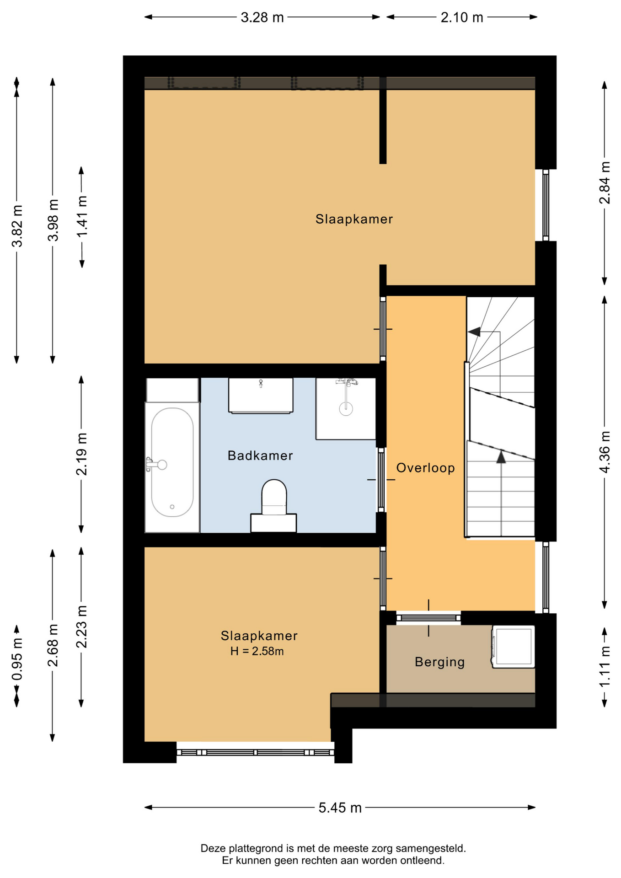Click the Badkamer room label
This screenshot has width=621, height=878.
click(260, 455)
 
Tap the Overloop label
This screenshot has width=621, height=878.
click(425, 468)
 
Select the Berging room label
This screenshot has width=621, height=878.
click(439, 662)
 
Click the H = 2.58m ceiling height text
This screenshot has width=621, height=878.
click(257, 651)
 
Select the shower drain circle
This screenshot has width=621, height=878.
click(346, 408)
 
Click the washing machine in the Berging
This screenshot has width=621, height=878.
click(513, 647)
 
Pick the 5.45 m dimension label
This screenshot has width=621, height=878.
click(340, 808)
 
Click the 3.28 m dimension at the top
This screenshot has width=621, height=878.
click(262, 17)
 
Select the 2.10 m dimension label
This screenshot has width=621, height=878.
click(462, 17)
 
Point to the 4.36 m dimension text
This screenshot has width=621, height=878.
click(605, 452)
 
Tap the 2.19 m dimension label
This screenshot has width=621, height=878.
click(82, 454)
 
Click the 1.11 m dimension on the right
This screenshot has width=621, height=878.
click(605, 667)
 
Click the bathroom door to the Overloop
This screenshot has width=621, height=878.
click(381, 480)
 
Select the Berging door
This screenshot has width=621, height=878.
click(428, 618)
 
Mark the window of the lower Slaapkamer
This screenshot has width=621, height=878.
click(256, 752)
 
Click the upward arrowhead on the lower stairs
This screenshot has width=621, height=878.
click(501, 457)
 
